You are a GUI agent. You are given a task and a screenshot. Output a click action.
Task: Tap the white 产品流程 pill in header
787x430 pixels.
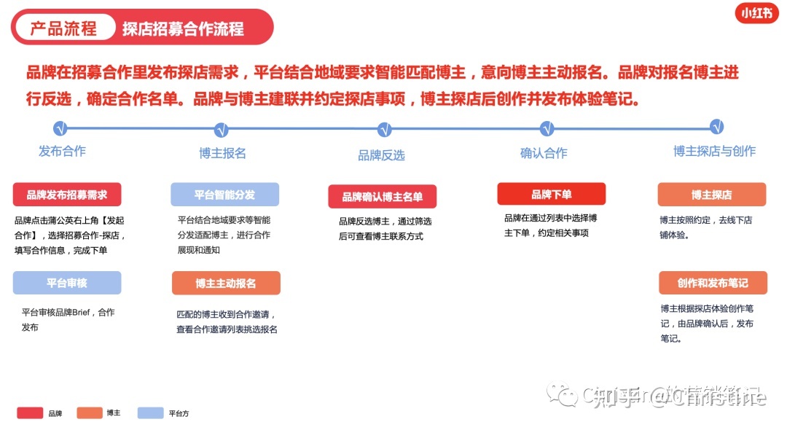coord(63,28)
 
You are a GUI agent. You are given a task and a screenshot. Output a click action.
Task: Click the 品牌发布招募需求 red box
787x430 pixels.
coord(67,195)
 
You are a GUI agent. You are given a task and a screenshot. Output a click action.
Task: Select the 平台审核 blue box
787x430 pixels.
coord(67,283)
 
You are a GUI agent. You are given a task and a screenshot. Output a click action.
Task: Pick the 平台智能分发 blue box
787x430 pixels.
coord(224,195)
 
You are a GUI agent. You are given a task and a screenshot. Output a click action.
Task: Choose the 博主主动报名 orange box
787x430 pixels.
coord(226,283)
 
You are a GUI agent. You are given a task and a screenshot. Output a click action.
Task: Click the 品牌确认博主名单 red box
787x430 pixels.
coord(383,196)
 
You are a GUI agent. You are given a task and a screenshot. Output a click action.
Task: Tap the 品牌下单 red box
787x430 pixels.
coord(551,194)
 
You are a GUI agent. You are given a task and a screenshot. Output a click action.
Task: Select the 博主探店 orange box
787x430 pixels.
coord(711,195)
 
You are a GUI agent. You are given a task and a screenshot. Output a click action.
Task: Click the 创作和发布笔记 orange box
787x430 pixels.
coord(712,283)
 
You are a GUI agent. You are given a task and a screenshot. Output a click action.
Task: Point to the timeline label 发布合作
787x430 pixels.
coord(62,151)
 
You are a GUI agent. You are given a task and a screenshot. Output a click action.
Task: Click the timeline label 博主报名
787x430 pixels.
coord(222,153)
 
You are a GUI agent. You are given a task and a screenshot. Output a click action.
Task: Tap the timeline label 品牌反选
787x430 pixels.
coord(381,155)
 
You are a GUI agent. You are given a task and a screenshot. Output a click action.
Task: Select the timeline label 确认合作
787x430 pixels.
coord(544,153)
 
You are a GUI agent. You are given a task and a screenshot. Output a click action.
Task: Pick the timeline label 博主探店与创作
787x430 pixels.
coord(714,151)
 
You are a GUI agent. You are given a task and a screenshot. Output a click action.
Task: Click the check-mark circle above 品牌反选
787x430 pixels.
coord(384,130)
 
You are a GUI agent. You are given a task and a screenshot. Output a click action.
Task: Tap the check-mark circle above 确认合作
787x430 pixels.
coord(547,129)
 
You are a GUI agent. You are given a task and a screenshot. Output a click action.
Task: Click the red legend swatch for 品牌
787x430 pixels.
coord(30,413)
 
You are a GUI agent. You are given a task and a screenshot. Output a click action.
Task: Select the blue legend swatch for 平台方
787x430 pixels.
coord(150,413)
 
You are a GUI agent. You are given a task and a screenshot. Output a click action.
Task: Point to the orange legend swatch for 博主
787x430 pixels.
coord(90,413)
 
